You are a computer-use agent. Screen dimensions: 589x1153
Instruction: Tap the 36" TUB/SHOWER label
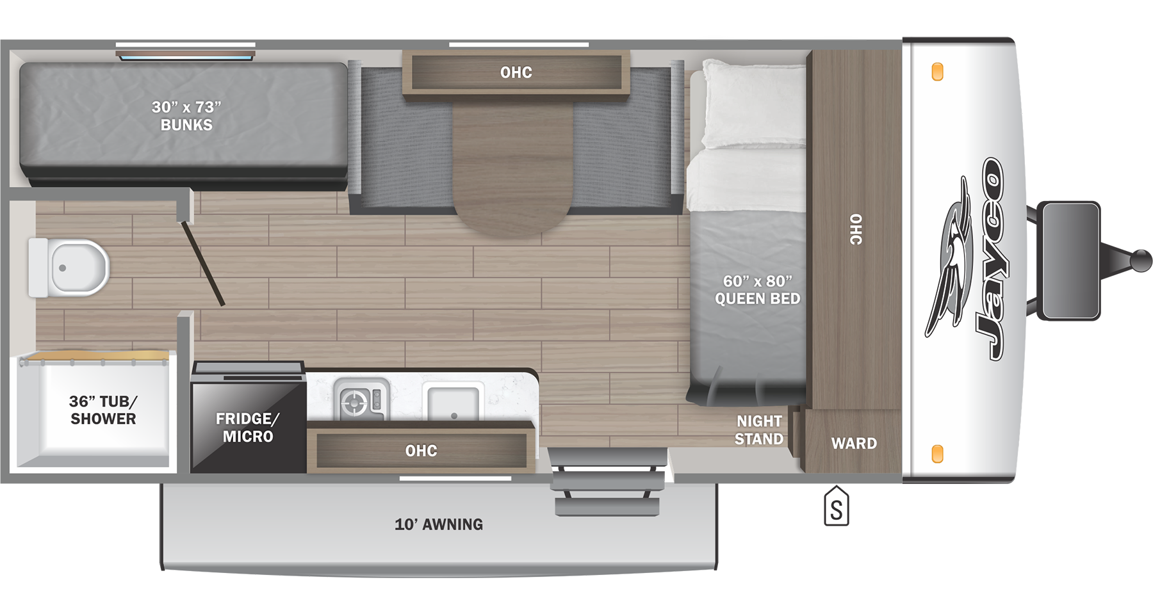(x=103, y=410)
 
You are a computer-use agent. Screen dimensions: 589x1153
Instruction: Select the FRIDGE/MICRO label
(x=248, y=428)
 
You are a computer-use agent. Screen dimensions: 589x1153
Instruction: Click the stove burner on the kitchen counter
(x=354, y=403)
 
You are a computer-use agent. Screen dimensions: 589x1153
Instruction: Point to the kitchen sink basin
(x=453, y=403)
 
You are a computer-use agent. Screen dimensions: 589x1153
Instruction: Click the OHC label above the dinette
(x=516, y=72)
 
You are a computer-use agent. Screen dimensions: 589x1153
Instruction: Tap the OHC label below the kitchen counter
(x=421, y=451)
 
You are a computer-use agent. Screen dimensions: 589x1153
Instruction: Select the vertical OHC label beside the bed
(x=856, y=229)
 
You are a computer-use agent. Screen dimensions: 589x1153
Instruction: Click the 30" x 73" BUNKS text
(x=186, y=116)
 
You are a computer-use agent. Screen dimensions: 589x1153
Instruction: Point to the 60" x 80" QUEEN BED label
(x=757, y=290)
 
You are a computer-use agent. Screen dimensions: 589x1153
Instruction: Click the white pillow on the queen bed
(x=753, y=106)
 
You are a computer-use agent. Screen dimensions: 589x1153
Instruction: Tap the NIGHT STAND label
(x=759, y=430)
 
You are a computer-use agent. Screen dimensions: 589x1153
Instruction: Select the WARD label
(x=854, y=443)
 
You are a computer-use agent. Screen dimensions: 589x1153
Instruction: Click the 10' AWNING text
(x=439, y=524)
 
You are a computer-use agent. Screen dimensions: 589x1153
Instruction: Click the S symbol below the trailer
(x=836, y=508)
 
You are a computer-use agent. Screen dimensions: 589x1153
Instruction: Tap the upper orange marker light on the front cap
(x=937, y=72)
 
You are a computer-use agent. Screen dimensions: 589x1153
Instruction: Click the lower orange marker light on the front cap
(x=937, y=453)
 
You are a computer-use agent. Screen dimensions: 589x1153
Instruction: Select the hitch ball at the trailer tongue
(x=1141, y=261)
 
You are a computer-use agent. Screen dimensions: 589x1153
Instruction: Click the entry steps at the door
(x=607, y=483)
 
